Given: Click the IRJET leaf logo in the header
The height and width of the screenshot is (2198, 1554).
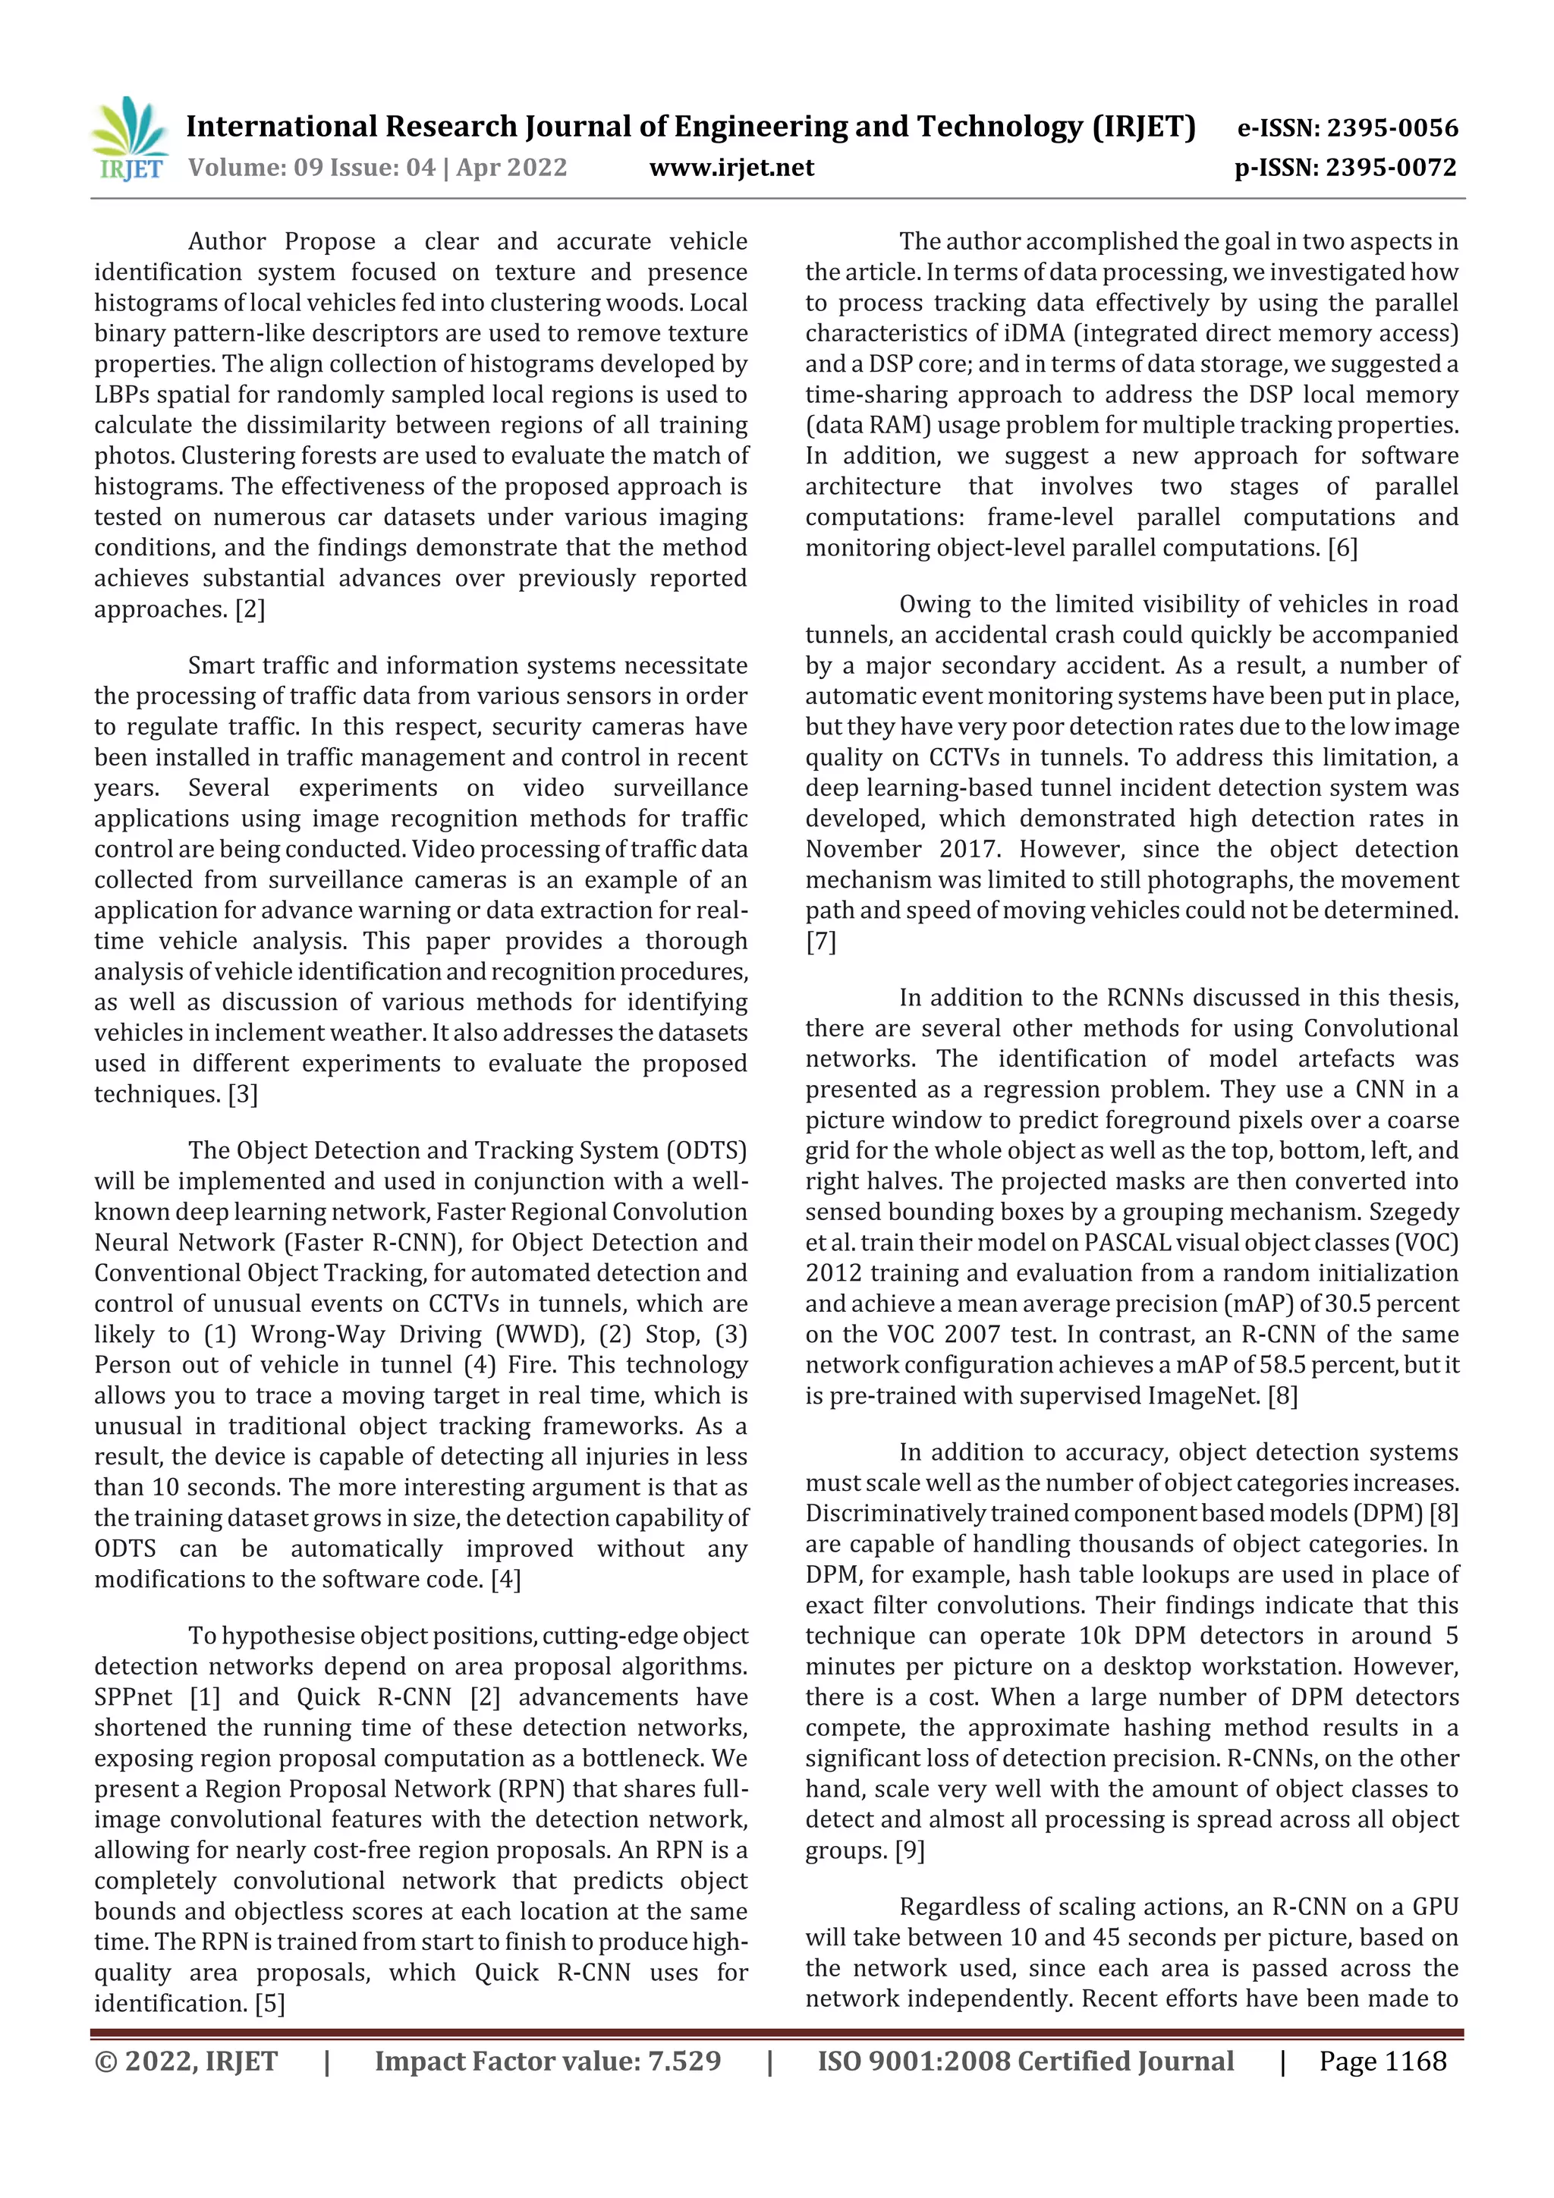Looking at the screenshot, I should pyautogui.click(x=131, y=140).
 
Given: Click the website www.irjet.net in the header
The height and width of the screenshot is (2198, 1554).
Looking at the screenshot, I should pyautogui.click(x=731, y=168).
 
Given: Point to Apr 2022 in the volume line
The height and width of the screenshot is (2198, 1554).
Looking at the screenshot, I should pyautogui.click(x=511, y=168).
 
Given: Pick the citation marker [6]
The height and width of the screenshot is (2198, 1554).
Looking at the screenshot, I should pyautogui.click(x=1342, y=548).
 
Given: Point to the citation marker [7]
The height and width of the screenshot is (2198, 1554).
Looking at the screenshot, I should pyautogui.click(x=820, y=941).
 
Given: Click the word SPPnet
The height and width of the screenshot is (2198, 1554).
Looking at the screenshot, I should pyautogui.click(x=133, y=1697).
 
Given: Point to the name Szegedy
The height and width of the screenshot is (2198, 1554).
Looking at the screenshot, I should pyautogui.click(x=1414, y=1212).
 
